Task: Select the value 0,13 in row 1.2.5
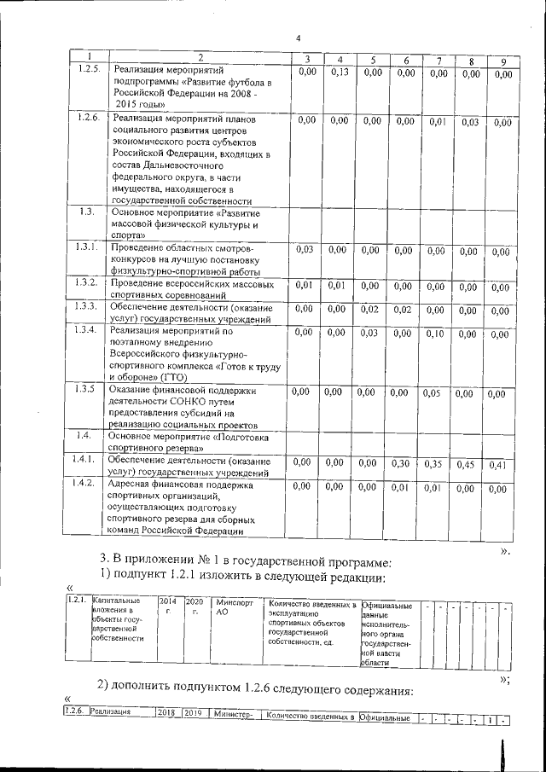[x=340, y=73]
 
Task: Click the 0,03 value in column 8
[x=470, y=123]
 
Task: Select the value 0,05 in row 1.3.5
[x=437, y=393]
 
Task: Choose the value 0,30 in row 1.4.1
[x=405, y=463]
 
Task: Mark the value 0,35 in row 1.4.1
[x=437, y=464]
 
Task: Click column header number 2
[x=198, y=57]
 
